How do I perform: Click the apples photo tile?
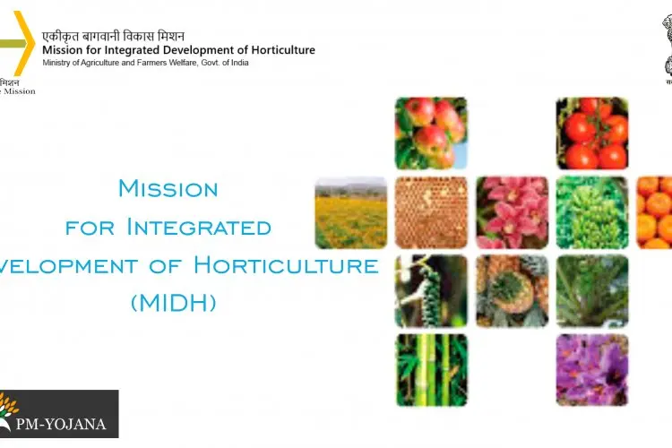(431, 133)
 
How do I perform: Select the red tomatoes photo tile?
(592, 133)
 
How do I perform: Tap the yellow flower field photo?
(350, 212)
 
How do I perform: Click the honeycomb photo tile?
(431, 212)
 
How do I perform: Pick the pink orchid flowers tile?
(512, 212)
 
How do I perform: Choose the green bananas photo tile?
(592, 212)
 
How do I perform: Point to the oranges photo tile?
(655, 212)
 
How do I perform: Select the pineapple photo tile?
(512, 291)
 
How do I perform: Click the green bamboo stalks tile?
(431, 370)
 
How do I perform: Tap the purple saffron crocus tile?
(592, 370)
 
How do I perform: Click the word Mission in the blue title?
(168, 189)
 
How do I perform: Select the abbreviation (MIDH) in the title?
(173, 303)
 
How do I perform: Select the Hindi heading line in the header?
(113, 36)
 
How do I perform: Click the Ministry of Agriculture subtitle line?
(145, 63)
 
